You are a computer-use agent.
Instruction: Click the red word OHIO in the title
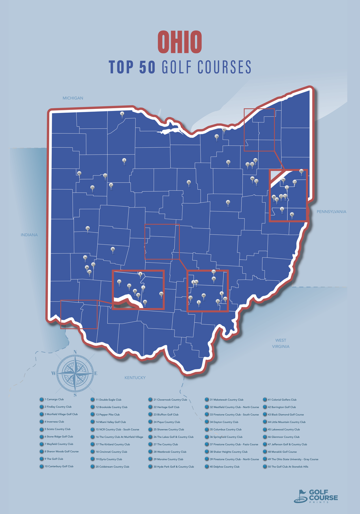tap(180, 42)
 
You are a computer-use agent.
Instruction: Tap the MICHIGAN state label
tap(73, 98)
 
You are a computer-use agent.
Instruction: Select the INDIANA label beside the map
tap(29, 235)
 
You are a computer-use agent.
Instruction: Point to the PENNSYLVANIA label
tap(331, 212)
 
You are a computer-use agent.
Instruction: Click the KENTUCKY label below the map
tap(135, 377)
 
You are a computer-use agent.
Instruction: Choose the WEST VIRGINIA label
tap(280, 343)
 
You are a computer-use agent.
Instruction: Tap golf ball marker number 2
tap(124, 160)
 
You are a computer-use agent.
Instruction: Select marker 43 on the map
tap(228, 202)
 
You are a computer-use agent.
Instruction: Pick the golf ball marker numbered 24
tap(88, 228)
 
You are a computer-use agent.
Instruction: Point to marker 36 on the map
tap(113, 249)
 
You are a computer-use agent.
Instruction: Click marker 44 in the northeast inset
tap(301, 171)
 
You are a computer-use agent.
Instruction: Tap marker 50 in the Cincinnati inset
tap(161, 294)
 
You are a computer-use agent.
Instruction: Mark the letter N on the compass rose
tap(75, 352)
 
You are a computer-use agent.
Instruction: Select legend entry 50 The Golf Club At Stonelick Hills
tap(288, 467)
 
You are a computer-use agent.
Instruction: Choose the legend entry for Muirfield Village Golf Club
tap(61, 414)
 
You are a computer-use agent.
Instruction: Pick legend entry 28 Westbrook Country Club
tap(170, 452)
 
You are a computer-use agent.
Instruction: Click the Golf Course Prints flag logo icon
tap(300, 496)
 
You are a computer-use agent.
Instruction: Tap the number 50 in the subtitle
tap(147, 67)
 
